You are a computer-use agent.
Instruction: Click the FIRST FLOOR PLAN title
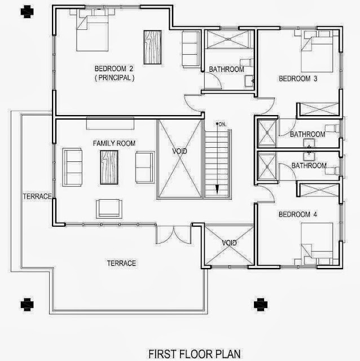(195, 354)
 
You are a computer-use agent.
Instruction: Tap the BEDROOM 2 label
(114, 69)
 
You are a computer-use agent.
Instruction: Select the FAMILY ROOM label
(114, 143)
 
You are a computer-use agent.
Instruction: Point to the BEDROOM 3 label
(298, 79)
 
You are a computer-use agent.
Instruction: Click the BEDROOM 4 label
(298, 214)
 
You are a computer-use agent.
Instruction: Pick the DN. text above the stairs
(222, 125)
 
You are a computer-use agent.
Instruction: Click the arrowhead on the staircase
(217, 190)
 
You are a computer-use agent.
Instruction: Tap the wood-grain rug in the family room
(109, 167)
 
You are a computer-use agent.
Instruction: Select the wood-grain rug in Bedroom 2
(152, 47)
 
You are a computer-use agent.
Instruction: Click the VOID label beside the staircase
(179, 151)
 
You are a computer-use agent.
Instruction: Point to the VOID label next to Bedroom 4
(229, 243)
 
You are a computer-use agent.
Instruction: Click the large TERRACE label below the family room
(121, 263)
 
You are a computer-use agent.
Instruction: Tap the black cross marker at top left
(27, 12)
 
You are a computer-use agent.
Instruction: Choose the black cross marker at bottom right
(261, 305)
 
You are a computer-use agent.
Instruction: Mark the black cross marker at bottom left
(27, 305)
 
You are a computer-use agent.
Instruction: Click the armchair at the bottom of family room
(109, 209)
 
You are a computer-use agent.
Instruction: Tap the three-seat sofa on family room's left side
(72, 167)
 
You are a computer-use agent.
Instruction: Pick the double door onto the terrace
(173, 235)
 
